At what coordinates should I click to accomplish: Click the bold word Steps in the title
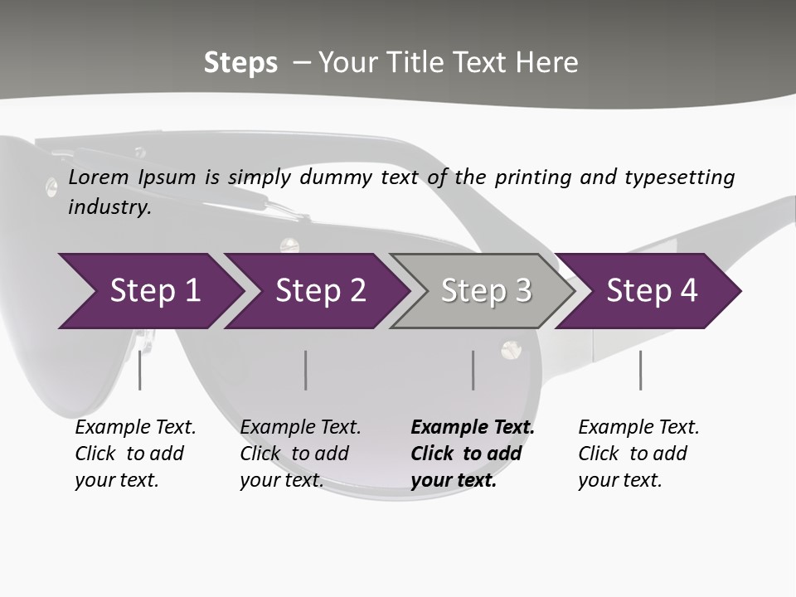(x=240, y=63)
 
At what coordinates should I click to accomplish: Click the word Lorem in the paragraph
(x=96, y=177)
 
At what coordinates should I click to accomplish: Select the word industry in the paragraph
(x=109, y=207)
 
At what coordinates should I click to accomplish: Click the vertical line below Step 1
(x=139, y=370)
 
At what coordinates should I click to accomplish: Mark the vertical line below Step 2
(x=306, y=370)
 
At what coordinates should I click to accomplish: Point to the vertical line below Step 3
(x=473, y=370)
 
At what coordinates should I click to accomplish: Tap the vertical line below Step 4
(x=640, y=370)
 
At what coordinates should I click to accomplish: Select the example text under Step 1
(x=134, y=454)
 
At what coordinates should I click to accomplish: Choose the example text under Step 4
(x=638, y=454)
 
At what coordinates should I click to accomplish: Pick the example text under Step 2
(x=299, y=454)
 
